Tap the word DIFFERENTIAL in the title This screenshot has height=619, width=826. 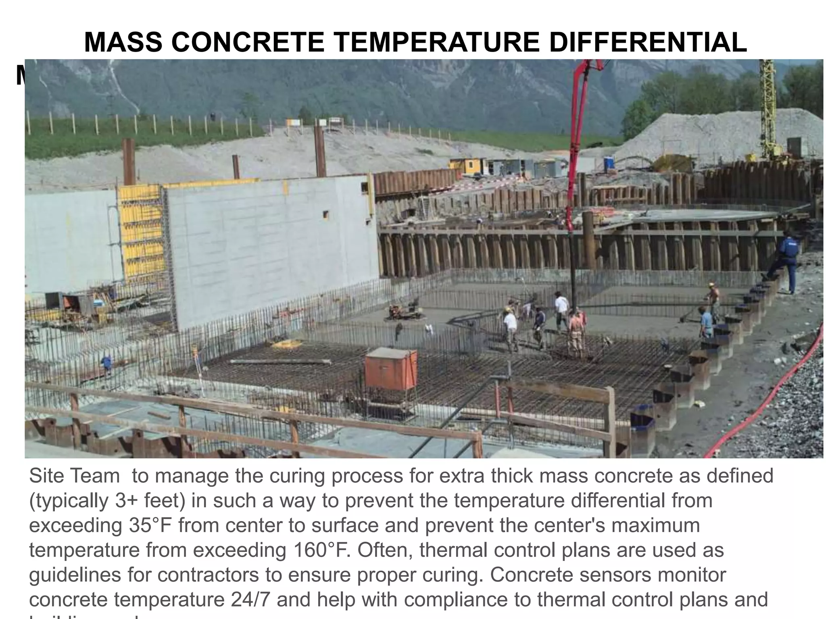(x=648, y=42)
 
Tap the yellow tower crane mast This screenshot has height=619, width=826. (x=768, y=109)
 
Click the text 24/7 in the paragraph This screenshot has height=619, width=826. (x=250, y=600)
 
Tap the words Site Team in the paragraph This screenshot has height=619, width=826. (x=75, y=476)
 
